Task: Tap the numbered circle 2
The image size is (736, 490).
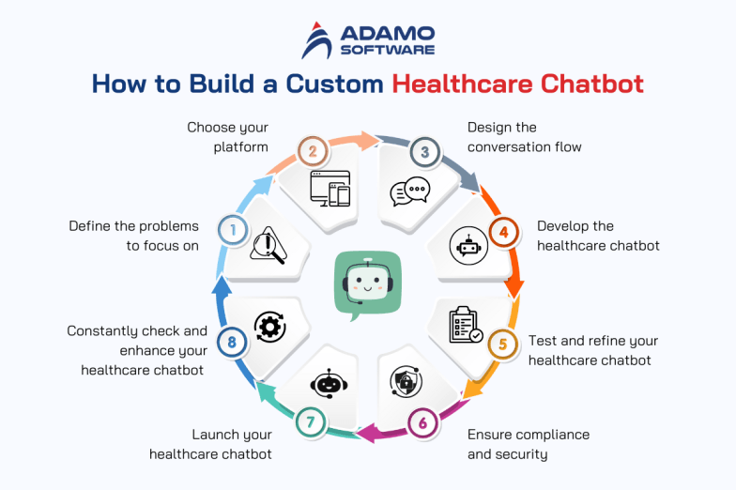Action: tap(312, 151)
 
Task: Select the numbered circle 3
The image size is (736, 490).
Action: tap(424, 151)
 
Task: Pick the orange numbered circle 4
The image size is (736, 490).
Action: tap(503, 231)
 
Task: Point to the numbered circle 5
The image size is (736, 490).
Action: tap(502, 344)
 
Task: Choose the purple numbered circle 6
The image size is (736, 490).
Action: tap(422, 422)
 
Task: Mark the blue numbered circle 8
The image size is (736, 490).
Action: tap(231, 343)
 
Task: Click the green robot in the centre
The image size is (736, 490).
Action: tap(367, 284)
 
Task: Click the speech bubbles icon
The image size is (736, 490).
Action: tap(409, 191)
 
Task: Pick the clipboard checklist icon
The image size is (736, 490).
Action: tap(465, 325)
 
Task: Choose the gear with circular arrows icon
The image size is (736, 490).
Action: tap(270, 327)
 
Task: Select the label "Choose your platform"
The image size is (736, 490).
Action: tap(227, 137)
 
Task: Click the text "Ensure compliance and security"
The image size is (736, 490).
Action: tap(529, 444)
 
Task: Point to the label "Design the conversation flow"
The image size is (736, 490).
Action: tap(525, 137)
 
